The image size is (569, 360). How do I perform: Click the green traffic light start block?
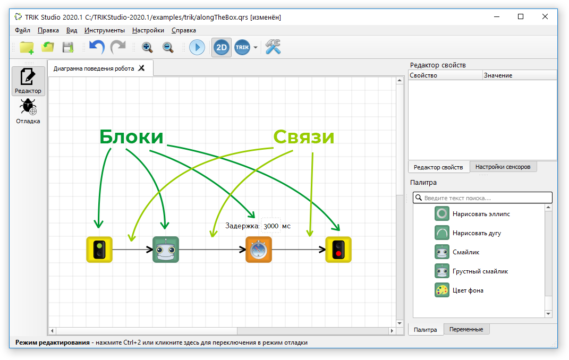tap(99, 250)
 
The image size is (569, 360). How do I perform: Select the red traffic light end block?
tap(338, 250)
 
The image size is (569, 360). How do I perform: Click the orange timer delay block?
tap(259, 250)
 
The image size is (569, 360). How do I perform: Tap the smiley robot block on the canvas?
tap(166, 250)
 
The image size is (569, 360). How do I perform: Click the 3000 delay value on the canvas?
tap(271, 226)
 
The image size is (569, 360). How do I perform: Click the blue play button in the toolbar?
tap(197, 47)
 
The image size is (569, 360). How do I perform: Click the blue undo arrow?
tap(97, 47)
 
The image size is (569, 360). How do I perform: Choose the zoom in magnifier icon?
tap(147, 47)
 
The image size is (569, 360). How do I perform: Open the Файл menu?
tap(22, 30)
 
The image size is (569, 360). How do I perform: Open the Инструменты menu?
tap(105, 30)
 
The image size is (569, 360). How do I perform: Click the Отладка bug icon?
tap(28, 107)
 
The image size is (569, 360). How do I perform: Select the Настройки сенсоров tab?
tap(503, 167)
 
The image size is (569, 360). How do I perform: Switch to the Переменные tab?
tap(466, 329)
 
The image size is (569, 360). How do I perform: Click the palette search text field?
tap(482, 198)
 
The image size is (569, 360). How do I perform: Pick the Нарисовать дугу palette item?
tap(468, 233)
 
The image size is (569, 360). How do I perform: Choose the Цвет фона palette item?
tap(459, 290)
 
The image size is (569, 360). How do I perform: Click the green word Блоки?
tap(131, 136)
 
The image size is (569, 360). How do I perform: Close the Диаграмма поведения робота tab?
tap(141, 68)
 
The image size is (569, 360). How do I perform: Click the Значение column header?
tap(498, 75)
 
